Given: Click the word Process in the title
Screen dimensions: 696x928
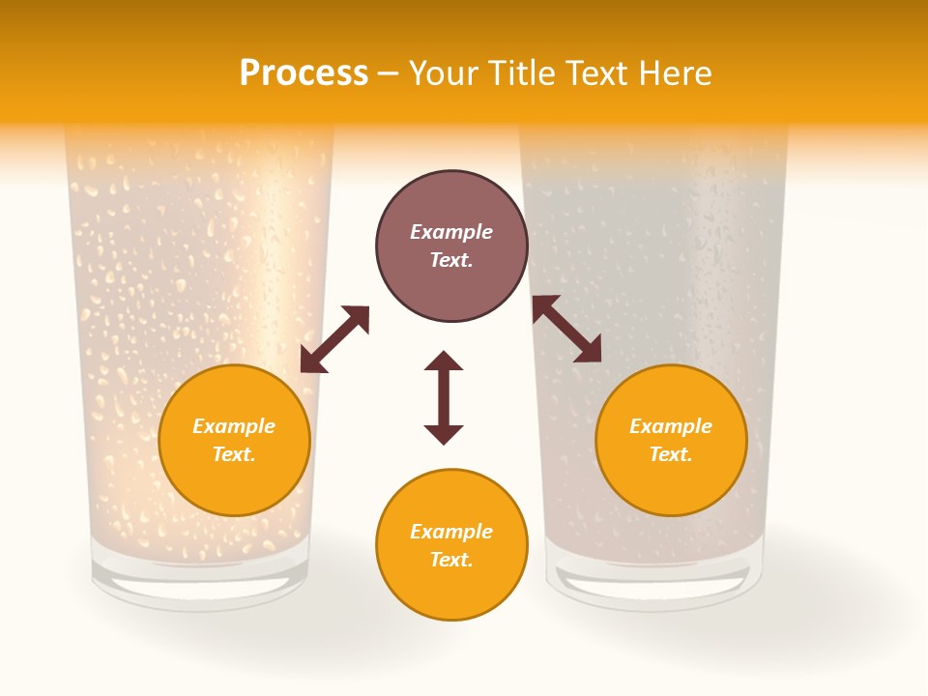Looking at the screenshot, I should coord(304,73).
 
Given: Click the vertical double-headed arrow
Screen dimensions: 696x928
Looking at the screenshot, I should coord(444,397).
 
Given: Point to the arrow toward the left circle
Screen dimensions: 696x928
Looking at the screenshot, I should coord(334,339).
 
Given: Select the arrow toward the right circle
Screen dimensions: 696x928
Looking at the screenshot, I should coord(566,329).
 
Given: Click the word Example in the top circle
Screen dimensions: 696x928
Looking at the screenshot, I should coord(451,232).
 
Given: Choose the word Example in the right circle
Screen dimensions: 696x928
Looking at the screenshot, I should coord(671,426).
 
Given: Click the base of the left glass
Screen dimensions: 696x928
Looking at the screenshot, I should coord(201,586).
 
